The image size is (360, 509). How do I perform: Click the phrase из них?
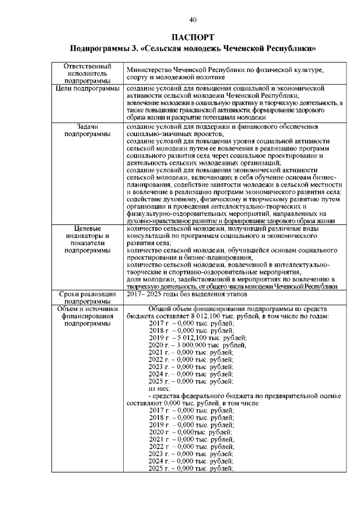click(159, 388)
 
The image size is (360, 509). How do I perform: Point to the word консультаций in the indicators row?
click(148, 237)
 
